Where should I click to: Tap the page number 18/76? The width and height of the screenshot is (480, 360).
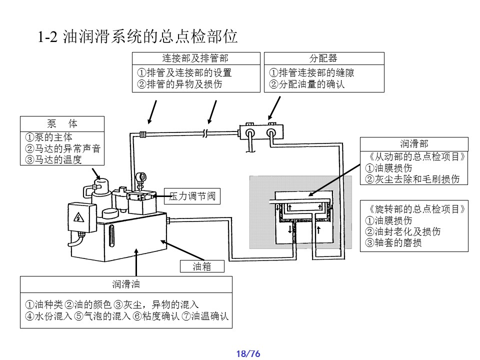[x=248, y=354]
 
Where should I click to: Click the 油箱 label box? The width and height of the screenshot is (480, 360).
[x=202, y=266]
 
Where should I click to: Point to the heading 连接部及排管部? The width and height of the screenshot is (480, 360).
[x=195, y=58]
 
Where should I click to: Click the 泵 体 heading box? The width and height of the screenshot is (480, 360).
[x=62, y=123]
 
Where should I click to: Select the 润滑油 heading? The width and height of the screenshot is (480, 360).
[x=126, y=284]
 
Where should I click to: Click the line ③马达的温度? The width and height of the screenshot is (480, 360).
[x=53, y=160]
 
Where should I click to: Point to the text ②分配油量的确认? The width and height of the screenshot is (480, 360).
[x=307, y=84]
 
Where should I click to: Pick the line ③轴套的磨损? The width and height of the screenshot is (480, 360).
[x=393, y=243]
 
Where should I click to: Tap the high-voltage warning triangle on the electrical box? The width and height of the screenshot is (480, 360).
[x=78, y=217]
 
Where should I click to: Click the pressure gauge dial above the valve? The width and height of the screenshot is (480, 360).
[x=142, y=176]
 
